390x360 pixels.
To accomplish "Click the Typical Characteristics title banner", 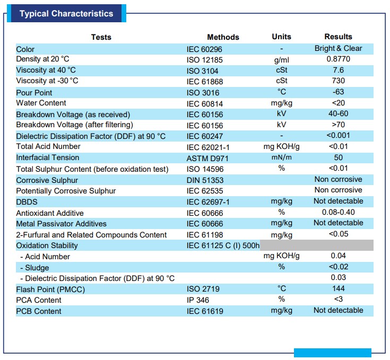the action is coord(66,13).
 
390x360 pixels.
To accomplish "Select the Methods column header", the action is coord(223,37).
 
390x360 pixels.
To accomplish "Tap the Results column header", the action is coord(339,37).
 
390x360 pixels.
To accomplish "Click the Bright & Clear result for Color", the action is coord(339,48).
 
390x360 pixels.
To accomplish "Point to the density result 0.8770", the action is coord(339,59).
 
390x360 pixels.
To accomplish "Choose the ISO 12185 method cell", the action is coord(204,60).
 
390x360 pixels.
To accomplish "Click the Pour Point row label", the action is coord(34,93).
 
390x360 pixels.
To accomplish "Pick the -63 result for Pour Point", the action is coord(339,92).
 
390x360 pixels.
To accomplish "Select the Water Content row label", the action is coord(41,103).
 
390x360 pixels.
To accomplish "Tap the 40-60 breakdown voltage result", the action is coord(339,113).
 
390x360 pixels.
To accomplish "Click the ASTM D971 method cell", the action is coord(207,158).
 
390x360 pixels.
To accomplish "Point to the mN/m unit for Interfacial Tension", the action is coord(282,157).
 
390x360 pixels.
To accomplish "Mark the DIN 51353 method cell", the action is coord(205,180).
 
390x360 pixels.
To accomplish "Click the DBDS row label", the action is coord(27,202).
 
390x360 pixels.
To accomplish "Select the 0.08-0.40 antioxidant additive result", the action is coord(339,212).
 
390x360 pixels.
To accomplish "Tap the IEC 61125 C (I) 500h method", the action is coord(223,245).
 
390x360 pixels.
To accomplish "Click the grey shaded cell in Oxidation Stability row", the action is coord(317,245).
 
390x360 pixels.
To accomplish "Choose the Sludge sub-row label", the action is coord(34,268).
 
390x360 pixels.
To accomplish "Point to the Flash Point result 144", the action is coord(339,288).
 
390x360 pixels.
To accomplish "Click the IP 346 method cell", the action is coord(198,300).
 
